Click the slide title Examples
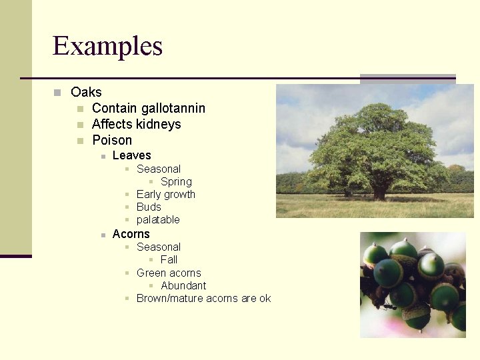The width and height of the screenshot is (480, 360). tap(107, 46)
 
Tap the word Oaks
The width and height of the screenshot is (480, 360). tap(86, 92)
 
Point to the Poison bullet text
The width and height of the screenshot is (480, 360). tap(112, 140)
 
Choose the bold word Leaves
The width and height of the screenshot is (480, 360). tap(132, 155)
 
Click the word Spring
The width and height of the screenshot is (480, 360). tap(176, 181)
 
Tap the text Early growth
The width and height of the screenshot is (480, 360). tap(165, 194)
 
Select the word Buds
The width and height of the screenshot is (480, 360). tap(149, 207)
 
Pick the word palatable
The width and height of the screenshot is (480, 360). tap(158, 219)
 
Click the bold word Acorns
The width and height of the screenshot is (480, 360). tap(131, 234)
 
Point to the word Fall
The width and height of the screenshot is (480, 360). tap(169, 259)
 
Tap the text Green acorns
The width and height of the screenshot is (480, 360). tap(169, 273)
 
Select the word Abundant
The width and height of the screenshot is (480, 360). tap(183, 285)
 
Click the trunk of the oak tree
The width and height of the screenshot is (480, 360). tap(379, 192)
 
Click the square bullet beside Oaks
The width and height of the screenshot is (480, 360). tap(58, 93)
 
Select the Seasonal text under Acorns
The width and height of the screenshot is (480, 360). tap(159, 247)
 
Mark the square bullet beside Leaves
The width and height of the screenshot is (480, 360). tap(103, 156)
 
